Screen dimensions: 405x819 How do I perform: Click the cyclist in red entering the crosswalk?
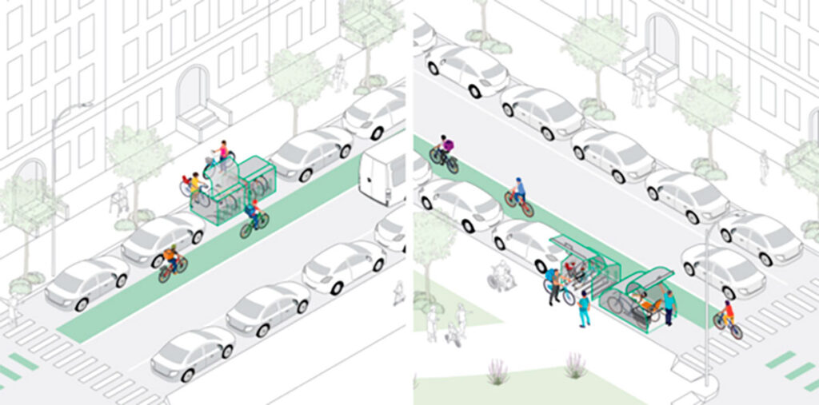tap(728, 317)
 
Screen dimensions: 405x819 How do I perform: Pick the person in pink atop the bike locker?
tap(223, 153)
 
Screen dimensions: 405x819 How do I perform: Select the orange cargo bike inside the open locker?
tap(640, 304)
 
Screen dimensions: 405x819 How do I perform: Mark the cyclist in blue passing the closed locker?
tap(254, 218)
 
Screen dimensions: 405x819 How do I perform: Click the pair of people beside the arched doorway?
tap(643, 87)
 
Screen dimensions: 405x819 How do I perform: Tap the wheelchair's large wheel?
tap(495, 282)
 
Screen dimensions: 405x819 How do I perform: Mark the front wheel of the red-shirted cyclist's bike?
tap(736, 331)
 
